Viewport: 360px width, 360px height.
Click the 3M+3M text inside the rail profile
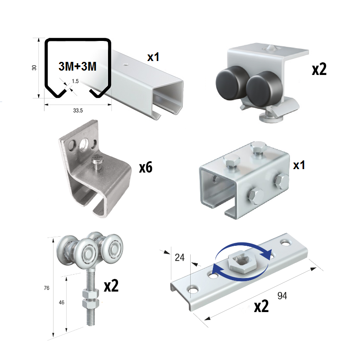(x=77, y=66)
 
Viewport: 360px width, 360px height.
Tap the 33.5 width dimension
(x=78, y=111)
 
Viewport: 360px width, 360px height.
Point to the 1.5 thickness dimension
(x=75, y=81)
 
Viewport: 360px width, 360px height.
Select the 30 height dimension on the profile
(x=34, y=68)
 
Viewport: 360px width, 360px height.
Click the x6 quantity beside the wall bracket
(x=145, y=167)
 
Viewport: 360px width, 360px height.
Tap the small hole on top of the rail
(x=125, y=65)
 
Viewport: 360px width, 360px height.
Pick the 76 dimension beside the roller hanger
(x=47, y=288)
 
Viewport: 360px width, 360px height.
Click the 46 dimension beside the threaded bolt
(x=61, y=302)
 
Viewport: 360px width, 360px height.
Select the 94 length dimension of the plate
(x=282, y=295)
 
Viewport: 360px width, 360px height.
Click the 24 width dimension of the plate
(x=179, y=258)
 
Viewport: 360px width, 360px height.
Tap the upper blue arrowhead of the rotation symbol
(x=267, y=254)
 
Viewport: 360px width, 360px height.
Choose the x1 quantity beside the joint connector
(x=299, y=165)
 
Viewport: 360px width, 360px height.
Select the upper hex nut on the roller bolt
(x=91, y=294)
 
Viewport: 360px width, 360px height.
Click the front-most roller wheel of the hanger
(x=86, y=253)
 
